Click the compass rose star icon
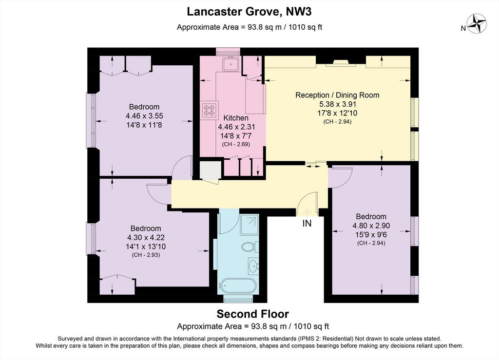click(x=477, y=23)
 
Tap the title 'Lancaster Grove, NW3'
click(x=249, y=12)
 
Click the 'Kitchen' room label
click(x=236, y=118)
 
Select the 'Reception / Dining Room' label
click(x=337, y=95)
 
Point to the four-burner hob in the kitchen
click(x=209, y=110)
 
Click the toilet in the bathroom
click(x=250, y=246)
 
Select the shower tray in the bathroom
click(x=249, y=225)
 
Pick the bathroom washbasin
click(x=253, y=265)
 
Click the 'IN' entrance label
click(x=307, y=224)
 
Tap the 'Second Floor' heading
click(x=253, y=314)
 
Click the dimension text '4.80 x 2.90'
click(x=371, y=226)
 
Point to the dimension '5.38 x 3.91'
click(x=338, y=104)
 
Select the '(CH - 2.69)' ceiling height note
click(x=236, y=144)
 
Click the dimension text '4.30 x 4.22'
click(x=146, y=238)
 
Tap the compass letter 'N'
click(x=463, y=28)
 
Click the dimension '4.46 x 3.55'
click(x=144, y=116)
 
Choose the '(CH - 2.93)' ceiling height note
click(x=146, y=255)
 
